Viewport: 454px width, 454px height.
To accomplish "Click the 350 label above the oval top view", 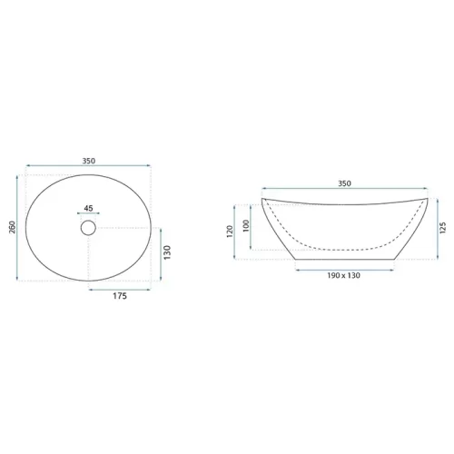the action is (x=89, y=161).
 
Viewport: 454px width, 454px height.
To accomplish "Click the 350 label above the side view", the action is (x=344, y=183).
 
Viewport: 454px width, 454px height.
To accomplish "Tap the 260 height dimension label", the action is (x=12, y=227).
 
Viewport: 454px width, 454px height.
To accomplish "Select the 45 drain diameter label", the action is (x=88, y=208).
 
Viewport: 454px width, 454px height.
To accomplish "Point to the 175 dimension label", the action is (x=120, y=296).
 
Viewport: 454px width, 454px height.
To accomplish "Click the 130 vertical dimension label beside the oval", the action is (x=167, y=252).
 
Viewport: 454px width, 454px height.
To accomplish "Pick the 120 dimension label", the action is (x=230, y=232).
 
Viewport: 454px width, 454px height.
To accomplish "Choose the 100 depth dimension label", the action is (x=246, y=226).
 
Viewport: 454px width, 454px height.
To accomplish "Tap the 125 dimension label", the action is (x=442, y=228).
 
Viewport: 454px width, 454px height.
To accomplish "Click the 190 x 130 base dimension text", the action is (x=343, y=275).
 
